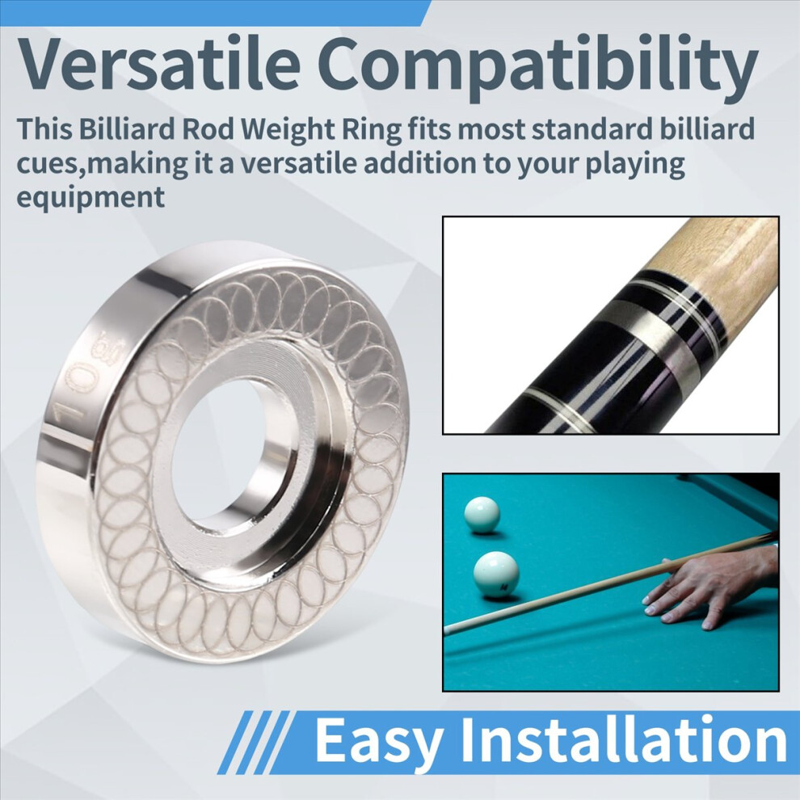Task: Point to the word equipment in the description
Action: (91, 196)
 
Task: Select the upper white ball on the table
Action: (482, 515)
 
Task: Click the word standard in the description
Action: (591, 128)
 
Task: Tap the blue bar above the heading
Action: (214, 12)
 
